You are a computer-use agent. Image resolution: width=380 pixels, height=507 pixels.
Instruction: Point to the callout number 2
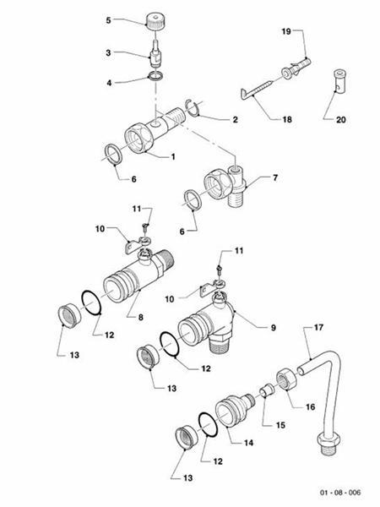coord(234,120)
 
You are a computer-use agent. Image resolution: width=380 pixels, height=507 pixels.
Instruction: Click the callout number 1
coord(173,157)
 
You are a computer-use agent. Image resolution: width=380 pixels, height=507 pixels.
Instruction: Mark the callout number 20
coord(341,120)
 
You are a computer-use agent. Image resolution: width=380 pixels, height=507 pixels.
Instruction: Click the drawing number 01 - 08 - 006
coord(340,492)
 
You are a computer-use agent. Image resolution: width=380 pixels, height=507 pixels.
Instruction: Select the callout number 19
coord(285,30)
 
